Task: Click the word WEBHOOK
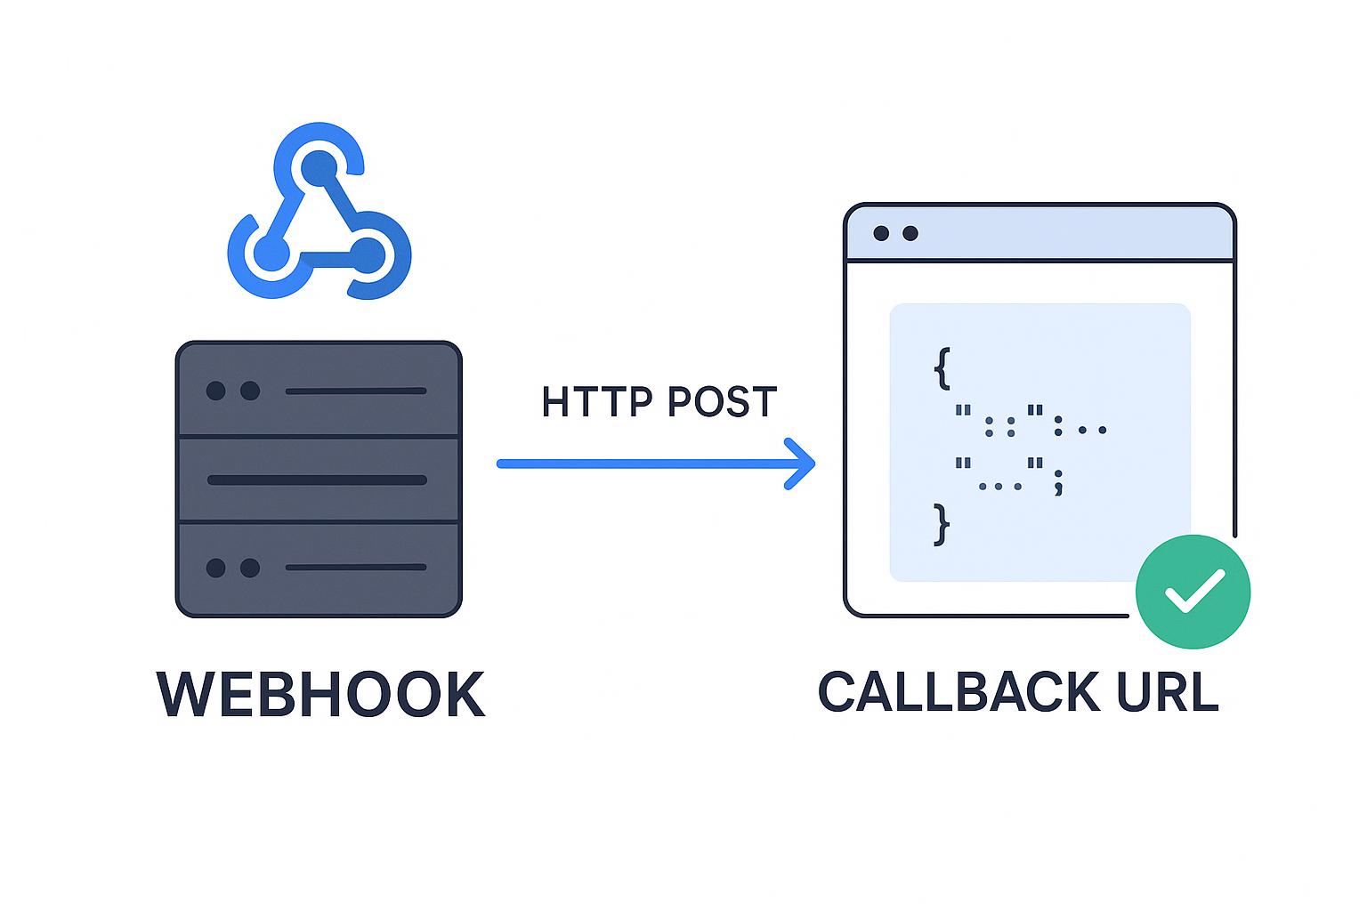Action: point(320,695)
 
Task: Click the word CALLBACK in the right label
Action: point(946,692)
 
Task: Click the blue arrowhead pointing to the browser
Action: point(801,464)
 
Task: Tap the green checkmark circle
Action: point(1193,592)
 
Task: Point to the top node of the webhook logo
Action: point(319,168)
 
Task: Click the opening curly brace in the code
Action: point(942,367)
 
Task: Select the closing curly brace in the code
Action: point(942,524)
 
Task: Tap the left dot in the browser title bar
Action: point(881,233)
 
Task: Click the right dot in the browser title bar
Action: point(910,233)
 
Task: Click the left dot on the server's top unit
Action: point(215,391)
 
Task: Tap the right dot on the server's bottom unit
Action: point(250,568)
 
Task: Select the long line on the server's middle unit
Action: point(317,480)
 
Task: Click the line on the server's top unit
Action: point(355,391)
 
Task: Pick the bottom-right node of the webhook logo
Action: point(368,255)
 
